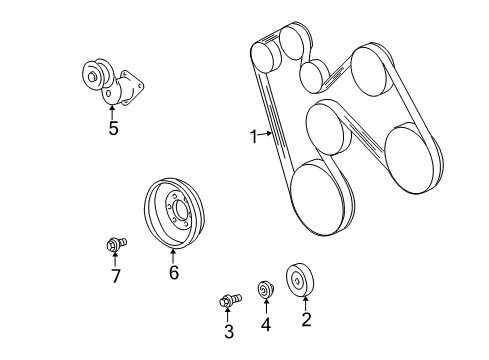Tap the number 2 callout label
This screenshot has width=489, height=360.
coord(307,320)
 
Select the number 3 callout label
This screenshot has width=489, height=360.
coord(228,332)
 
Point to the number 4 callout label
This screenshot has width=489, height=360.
coord(266,324)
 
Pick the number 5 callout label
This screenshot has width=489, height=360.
coord(113,128)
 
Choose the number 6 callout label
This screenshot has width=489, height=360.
coord(173,272)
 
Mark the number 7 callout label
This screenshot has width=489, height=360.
coord(115,276)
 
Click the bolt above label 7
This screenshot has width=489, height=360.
coord(114,243)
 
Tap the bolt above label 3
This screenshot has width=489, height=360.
coord(228,299)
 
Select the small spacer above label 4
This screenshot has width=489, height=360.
coord(266,291)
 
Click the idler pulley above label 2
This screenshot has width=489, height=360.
coord(301,279)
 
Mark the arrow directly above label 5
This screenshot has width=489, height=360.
coord(113,110)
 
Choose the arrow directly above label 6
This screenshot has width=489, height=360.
coord(173,254)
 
